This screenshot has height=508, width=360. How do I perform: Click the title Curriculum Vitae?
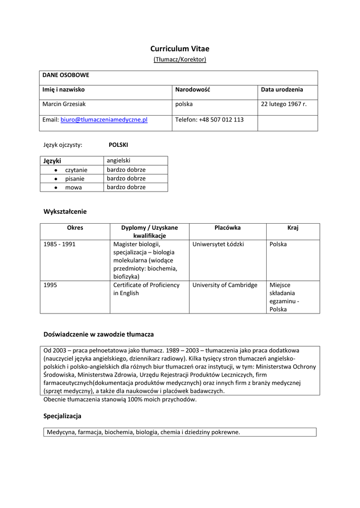pos(180,49)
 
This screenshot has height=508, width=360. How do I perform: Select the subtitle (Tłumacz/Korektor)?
pos(180,60)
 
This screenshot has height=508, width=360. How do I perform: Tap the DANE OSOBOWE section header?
pos(66,75)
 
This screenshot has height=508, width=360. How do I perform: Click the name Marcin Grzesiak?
pos(65,104)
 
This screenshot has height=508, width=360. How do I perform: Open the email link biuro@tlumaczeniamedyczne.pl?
pos(104,120)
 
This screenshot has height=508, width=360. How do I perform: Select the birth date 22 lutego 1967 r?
pos(284,104)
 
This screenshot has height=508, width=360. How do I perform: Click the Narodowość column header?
pos(193,90)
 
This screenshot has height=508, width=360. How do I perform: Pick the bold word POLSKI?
pos(118,145)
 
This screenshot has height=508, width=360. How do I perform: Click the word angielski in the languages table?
pos(118,161)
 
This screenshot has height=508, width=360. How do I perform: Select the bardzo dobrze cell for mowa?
pos(126,187)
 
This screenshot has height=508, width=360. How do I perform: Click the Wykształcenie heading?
pos(65,211)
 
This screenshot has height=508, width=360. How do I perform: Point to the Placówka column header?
pos(227,228)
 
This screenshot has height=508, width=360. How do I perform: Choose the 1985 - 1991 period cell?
pos(60,244)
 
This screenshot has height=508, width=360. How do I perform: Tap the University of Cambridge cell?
pos(224,285)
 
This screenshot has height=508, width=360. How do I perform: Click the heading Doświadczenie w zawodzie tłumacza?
pos(99,334)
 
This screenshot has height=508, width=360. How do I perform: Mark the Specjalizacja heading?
pos(62,416)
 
